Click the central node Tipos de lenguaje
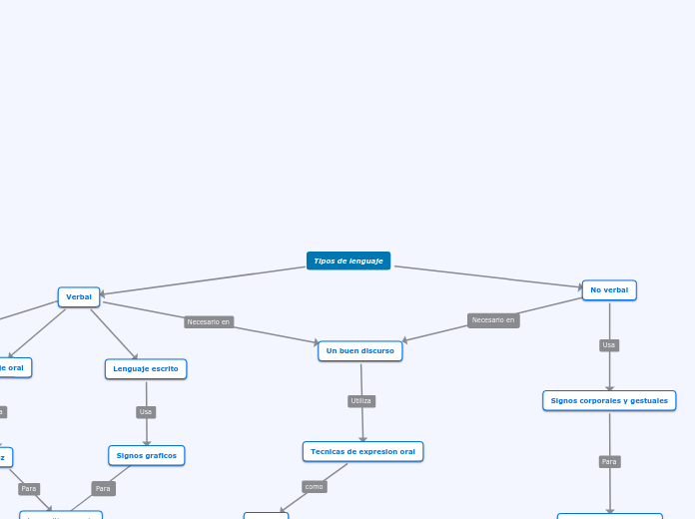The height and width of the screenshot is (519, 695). tap(348, 260)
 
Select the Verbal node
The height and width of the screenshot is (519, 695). tap(79, 296)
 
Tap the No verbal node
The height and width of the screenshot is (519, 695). tap(609, 290)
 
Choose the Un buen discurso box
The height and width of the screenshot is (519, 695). tap(360, 351)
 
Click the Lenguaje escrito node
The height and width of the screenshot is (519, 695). tap(146, 369)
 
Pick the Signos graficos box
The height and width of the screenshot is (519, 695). tap(147, 455)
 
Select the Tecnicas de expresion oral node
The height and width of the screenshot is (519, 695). tap(362, 451)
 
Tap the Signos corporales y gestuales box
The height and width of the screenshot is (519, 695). tap(609, 400)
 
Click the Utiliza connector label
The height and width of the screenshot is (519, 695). tap(361, 401)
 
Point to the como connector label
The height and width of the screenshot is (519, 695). tap(315, 486)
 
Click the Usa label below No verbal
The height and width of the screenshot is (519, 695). tap(609, 345)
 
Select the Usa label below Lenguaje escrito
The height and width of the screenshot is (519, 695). tap(146, 412)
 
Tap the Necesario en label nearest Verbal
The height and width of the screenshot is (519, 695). tap(209, 321)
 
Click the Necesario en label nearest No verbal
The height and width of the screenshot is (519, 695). tap(493, 320)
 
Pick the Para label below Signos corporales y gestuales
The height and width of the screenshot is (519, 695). tap(609, 461)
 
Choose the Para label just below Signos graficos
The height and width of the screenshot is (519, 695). tap(103, 488)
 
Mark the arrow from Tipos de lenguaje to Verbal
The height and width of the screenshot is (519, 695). tap(200, 280)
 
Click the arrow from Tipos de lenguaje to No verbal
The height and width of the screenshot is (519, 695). tap(489, 276)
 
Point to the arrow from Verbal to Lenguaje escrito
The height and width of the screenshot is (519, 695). tap(114, 333)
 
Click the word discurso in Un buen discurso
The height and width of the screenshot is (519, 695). tap(376, 351)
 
